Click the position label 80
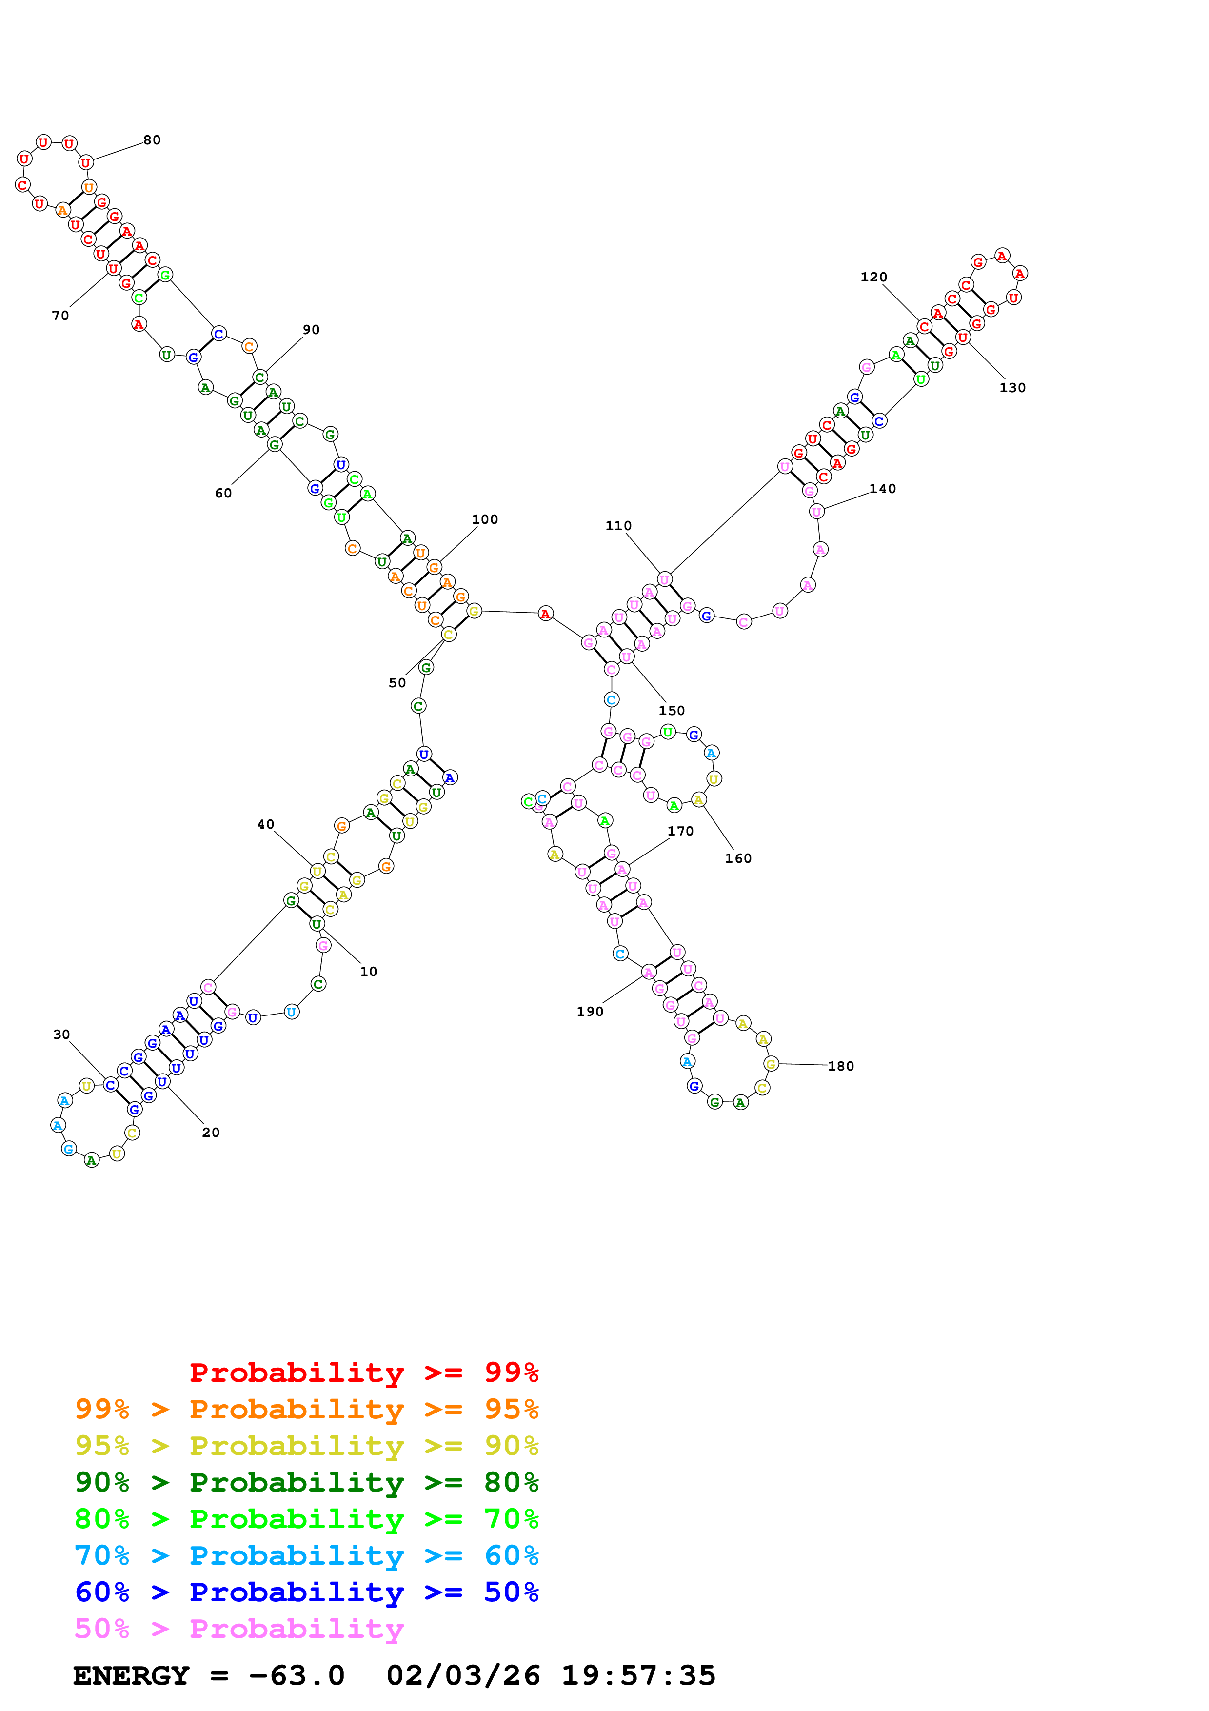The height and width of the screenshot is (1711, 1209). point(152,140)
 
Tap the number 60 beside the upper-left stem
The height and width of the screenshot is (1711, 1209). point(223,493)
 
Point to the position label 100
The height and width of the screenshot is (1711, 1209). point(485,519)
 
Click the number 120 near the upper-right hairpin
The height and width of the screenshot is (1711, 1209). point(874,277)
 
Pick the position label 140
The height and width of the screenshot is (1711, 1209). point(883,489)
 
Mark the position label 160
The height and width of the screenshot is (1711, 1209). point(738,858)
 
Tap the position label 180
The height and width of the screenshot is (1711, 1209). point(841,1066)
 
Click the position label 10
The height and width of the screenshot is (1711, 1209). point(369,972)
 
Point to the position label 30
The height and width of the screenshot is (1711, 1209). point(62,1035)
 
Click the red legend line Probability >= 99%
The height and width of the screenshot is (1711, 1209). point(363,1372)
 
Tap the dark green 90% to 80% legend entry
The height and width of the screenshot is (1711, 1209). point(307,1482)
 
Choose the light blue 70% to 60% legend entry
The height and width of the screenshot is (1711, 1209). point(307,1555)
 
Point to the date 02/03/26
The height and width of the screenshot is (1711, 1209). point(463,1675)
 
